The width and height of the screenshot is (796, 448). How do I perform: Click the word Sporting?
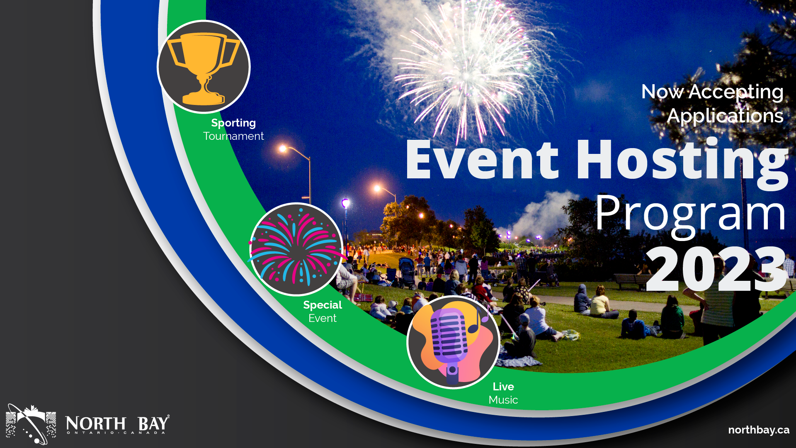point(233,123)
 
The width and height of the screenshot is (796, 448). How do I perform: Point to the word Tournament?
point(233,136)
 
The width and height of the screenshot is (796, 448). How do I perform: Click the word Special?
point(323,305)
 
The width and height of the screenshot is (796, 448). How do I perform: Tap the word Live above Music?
point(503,387)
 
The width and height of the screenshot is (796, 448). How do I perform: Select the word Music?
point(503,400)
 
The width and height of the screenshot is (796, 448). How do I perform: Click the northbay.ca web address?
point(759,430)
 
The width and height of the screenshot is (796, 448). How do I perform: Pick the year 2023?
point(716,270)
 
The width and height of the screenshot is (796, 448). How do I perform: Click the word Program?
point(690,214)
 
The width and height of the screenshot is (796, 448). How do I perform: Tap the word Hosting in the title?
point(682,161)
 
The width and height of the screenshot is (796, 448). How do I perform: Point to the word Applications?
point(725,116)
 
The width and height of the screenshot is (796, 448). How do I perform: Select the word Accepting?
point(736,92)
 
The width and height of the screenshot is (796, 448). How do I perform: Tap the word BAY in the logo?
point(153,424)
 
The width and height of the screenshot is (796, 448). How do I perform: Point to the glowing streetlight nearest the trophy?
point(283,149)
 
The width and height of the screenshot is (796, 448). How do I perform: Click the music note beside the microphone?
point(477,322)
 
